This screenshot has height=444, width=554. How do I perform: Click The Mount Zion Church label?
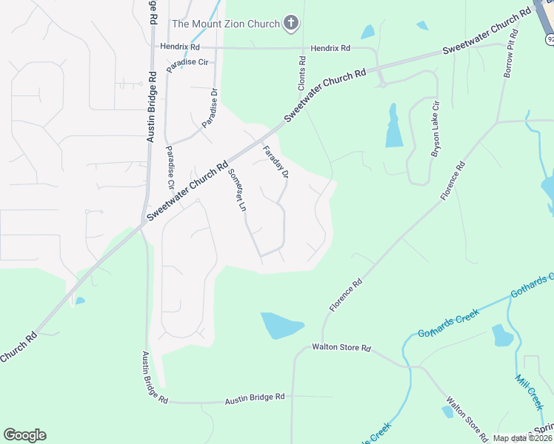coord(226,24)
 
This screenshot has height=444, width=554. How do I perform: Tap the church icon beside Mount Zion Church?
coord(291,24)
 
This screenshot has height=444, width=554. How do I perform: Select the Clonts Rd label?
coord(301,74)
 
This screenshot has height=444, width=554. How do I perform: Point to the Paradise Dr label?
coord(210,106)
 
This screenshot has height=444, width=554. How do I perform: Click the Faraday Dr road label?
coord(275,162)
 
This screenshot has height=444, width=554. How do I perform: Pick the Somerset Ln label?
coord(236,190)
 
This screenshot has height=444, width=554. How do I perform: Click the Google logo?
coord(24,435)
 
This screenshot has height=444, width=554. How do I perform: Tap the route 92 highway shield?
coord(549,39)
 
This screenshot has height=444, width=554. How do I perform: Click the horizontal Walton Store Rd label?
coord(341,346)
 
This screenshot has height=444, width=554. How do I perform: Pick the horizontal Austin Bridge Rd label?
coord(255,397)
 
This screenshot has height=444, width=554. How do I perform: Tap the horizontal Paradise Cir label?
coord(187,62)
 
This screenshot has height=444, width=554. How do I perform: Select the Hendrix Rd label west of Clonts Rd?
coord(180,47)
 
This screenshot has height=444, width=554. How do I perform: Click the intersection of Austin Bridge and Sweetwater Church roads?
coord(143,221)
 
